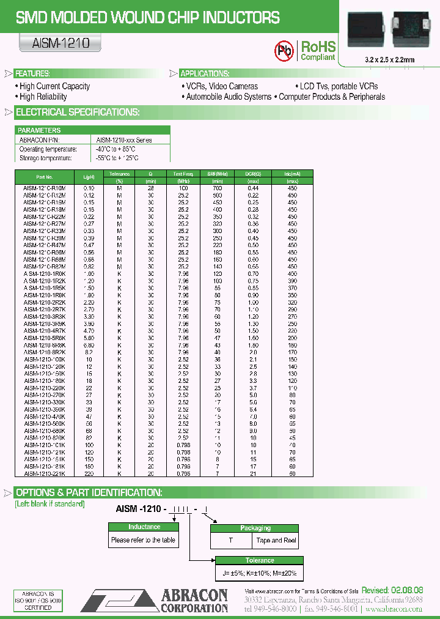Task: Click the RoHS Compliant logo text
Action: tap(318, 50)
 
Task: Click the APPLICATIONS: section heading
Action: tap(205, 73)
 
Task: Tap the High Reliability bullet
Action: tap(43, 97)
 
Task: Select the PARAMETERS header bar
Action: tap(39, 130)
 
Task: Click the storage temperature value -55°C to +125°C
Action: tap(116, 158)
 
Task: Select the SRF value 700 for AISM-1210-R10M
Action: tap(217, 188)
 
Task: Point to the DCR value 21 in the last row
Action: tap(253, 473)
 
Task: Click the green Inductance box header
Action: tap(144, 527)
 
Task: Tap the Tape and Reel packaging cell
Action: tap(276, 540)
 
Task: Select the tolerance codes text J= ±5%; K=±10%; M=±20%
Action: tap(260, 574)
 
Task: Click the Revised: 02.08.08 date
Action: tap(392, 590)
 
